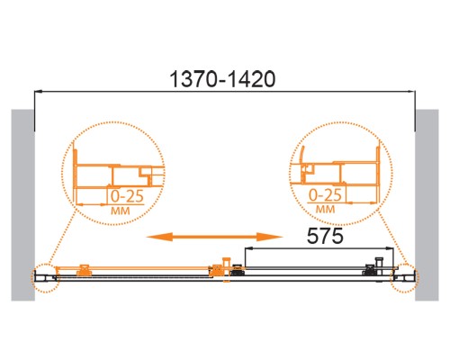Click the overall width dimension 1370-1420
tap(223, 79)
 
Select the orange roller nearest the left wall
tap(83, 268)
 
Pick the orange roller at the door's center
tap(218, 269)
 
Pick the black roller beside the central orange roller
tap(238, 270)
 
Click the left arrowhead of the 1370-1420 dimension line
tap(39, 92)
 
